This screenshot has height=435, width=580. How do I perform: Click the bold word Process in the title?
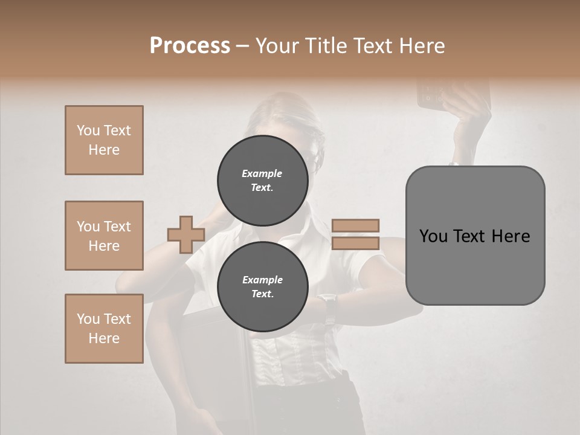pyautogui.click(x=190, y=46)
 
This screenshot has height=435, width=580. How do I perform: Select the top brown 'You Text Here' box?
pyautogui.click(x=104, y=140)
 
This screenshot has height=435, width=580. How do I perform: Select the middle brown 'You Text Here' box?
pyautogui.click(x=104, y=236)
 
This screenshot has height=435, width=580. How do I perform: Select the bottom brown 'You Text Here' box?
pyautogui.click(x=104, y=329)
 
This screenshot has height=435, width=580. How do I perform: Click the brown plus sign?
pyautogui.click(x=186, y=234)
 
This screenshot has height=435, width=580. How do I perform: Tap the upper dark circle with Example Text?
pyautogui.click(x=262, y=180)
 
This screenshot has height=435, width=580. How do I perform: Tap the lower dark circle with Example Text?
pyautogui.click(x=262, y=286)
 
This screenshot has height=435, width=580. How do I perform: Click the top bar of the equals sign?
pyautogui.click(x=355, y=225)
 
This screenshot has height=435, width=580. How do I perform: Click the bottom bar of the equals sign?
pyautogui.click(x=355, y=243)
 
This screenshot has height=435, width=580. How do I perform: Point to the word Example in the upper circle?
pyautogui.click(x=262, y=173)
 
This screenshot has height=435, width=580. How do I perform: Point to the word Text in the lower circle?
pyautogui.click(x=262, y=294)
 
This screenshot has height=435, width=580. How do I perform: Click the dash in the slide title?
pyautogui.click(x=243, y=47)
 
